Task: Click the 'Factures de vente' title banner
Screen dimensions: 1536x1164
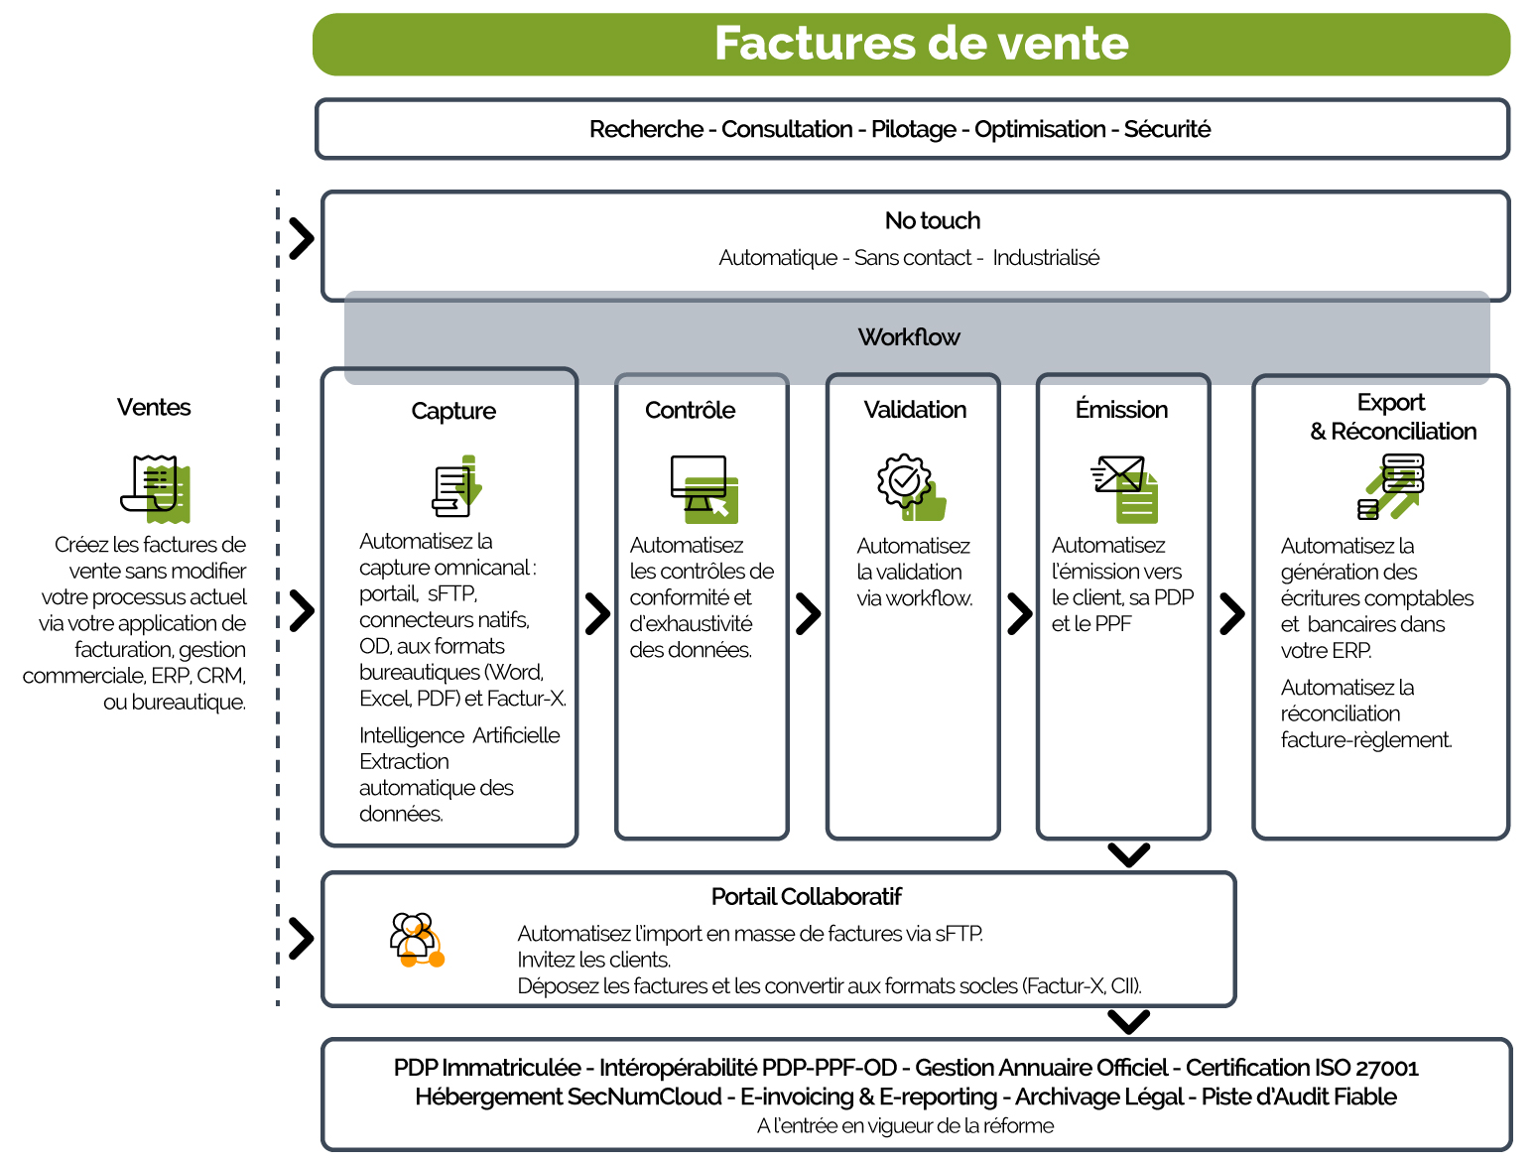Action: click(x=911, y=44)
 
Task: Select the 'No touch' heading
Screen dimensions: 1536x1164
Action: click(x=932, y=220)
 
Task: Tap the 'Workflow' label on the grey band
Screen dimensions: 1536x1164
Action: click(x=908, y=337)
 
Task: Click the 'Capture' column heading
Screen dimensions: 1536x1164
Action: click(x=452, y=411)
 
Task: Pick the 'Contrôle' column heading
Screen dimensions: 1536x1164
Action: click(x=690, y=410)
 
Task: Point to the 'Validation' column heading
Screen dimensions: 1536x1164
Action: click(x=915, y=409)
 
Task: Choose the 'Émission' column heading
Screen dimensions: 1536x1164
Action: click(x=1121, y=409)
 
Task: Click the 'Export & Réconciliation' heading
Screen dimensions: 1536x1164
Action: click(x=1392, y=417)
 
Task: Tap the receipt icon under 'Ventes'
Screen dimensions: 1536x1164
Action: click(x=155, y=489)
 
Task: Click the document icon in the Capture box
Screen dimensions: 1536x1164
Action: click(x=457, y=486)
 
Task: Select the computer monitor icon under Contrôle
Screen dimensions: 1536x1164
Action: click(x=704, y=489)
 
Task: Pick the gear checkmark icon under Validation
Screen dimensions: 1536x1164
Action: click(x=911, y=487)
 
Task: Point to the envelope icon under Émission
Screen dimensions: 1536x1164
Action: click(x=1124, y=489)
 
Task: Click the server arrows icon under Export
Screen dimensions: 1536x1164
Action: click(x=1390, y=487)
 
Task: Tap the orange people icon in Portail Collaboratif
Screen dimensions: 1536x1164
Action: click(x=417, y=940)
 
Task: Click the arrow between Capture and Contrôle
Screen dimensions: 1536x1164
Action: click(x=597, y=613)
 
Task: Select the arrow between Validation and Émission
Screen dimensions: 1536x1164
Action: click(x=1020, y=613)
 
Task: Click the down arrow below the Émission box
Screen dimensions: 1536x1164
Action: click(x=1128, y=854)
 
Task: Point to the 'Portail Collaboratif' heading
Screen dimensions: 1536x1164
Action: click(x=806, y=896)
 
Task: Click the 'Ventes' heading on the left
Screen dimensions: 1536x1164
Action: click(x=153, y=407)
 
